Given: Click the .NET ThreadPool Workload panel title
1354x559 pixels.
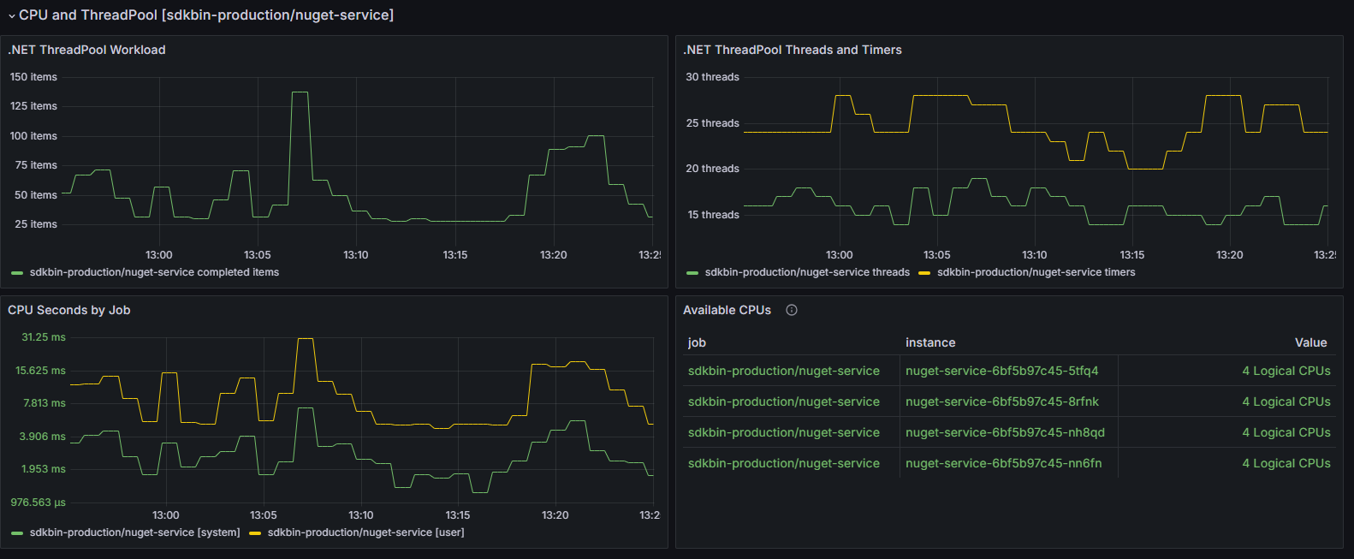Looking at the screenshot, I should tap(86, 50).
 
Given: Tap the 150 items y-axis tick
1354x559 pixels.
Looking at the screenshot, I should tap(33, 77).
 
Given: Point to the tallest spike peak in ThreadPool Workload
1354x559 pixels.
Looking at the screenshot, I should tap(300, 92).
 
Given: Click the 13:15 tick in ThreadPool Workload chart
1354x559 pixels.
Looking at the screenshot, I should tap(455, 255).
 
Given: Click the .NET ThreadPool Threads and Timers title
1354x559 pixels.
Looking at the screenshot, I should tap(792, 50).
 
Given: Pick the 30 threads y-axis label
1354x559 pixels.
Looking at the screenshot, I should tap(712, 77).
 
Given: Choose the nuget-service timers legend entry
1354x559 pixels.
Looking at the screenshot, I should tap(1036, 272).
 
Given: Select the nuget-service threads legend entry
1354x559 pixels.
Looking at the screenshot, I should tap(806, 272).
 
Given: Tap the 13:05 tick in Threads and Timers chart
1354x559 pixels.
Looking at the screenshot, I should tap(937, 255).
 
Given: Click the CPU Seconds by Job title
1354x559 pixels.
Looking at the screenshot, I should tap(69, 310).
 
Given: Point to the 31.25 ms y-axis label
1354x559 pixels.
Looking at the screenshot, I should tap(44, 337).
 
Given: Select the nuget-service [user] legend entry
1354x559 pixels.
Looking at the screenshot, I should tap(365, 532).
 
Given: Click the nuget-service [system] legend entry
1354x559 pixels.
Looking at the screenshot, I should tap(134, 532).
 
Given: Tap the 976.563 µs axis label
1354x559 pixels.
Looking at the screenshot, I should tap(38, 503).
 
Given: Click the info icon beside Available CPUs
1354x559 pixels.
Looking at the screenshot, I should tap(792, 310).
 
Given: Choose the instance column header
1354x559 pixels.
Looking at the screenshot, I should tap(930, 342).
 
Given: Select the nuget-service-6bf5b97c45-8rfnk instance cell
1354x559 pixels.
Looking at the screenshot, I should tap(1002, 401).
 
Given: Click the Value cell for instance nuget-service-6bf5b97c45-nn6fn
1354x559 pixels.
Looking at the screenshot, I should tap(1286, 463).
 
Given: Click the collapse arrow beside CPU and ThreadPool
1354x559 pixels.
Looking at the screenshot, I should tap(11, 15).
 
